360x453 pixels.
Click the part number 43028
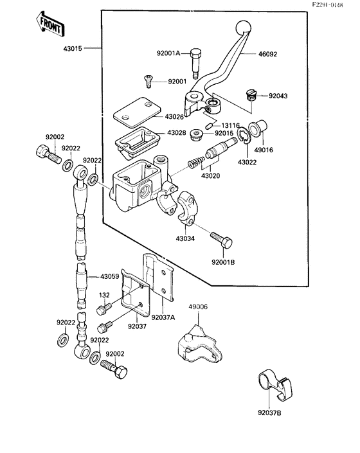(x=177, y=132)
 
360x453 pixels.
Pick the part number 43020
(x=210, y=175)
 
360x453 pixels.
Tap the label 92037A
(x=163, y=317)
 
